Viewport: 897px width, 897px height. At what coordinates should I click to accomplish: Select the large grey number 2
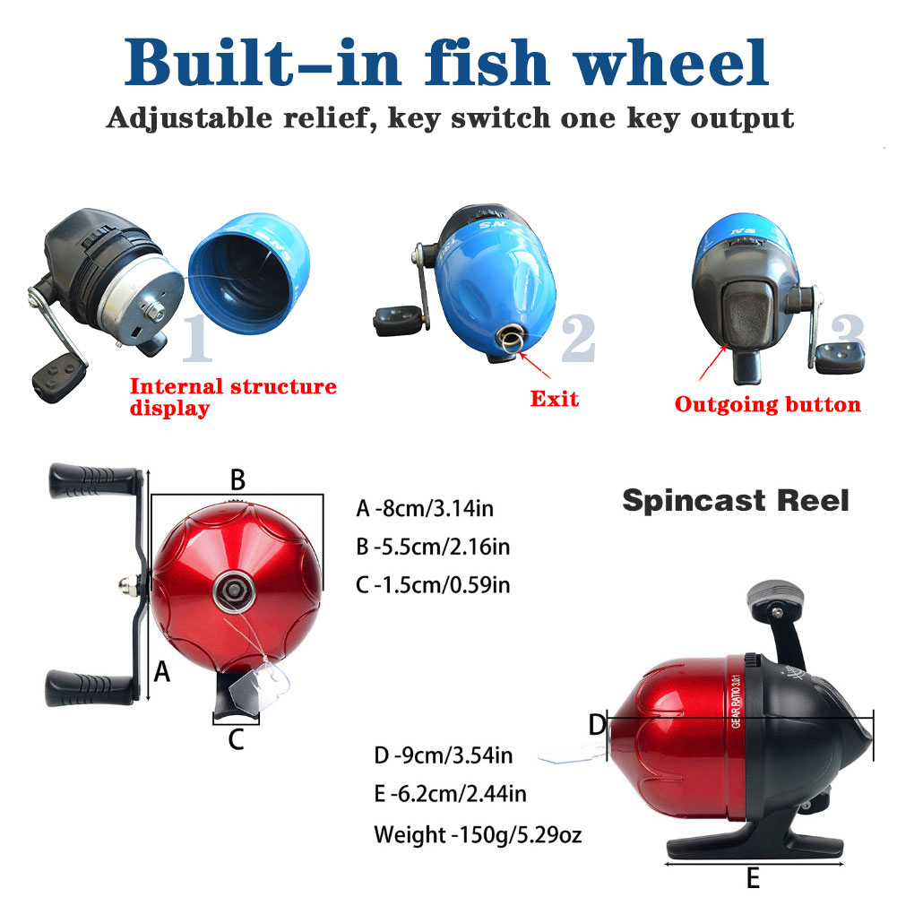click(x=577, y=339)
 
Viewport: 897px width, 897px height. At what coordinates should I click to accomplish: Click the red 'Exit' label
click(x=554, y=398)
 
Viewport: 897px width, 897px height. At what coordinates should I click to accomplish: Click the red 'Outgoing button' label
click(x=767, y=405)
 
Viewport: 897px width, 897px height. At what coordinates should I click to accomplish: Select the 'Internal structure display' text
click(x=233, y=397)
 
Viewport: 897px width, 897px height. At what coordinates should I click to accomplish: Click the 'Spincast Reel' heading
click(x=735, y=500)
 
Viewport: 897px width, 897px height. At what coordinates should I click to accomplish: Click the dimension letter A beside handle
click(x=161, y=670)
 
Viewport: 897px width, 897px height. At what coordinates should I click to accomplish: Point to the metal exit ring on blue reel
click(x=513, y=341)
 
